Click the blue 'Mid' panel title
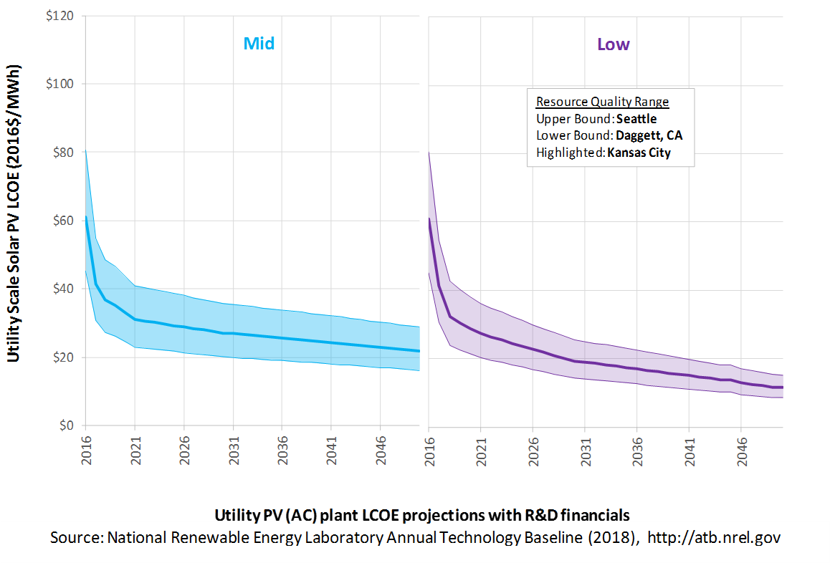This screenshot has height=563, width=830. click(x=259, y=44)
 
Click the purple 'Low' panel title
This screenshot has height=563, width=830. click(x=614, y=44)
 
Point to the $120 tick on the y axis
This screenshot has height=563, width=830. click(x=59, y=16)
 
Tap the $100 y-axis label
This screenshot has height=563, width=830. click(x=59, y=84)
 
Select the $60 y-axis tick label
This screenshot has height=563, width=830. click(x=63, y=221)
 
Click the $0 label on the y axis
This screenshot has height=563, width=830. click(x=67, y=425)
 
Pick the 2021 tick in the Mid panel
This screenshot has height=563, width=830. click(x=135, y=451)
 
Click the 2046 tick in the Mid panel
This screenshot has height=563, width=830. click(x=381, y=451)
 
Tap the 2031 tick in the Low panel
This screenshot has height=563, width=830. click(x=586, y=452)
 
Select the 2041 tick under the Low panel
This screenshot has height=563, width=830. click(x=690, y=452)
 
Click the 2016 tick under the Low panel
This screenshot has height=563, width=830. click(x=429, y=452)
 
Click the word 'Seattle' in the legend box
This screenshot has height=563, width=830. click(x=636, y=119)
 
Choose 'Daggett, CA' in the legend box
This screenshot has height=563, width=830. click(x=649, y=136)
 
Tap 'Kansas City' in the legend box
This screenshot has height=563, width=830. click(x=639, y=153)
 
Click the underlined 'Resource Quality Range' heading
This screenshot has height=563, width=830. click(x=602, y=102)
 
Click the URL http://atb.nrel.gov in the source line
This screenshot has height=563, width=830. click(x=714, y=538)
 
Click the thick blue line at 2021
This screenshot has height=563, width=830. click(x=135, y=319)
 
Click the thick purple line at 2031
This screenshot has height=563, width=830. click(x=585, y=362)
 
